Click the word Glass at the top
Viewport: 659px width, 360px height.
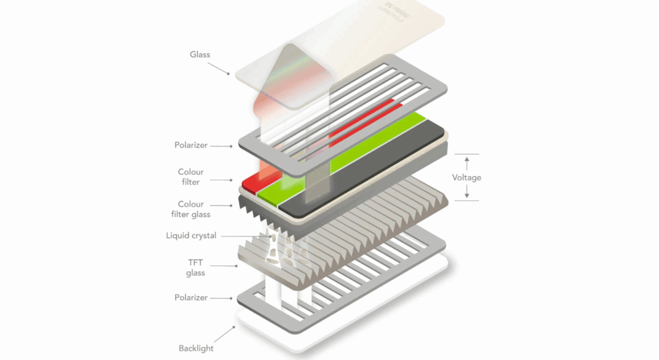tap(200, 55)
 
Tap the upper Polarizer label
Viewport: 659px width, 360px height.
tap(191, 146)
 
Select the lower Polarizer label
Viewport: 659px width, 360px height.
tap(191, 298)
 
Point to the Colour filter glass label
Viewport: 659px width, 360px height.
tap(190, 209)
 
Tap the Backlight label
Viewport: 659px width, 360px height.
tap(196, 348)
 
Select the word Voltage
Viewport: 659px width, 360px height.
tap(467, 178)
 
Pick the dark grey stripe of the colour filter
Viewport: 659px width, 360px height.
tap(373, 174)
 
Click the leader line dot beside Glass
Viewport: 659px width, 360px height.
tap(229, 74)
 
